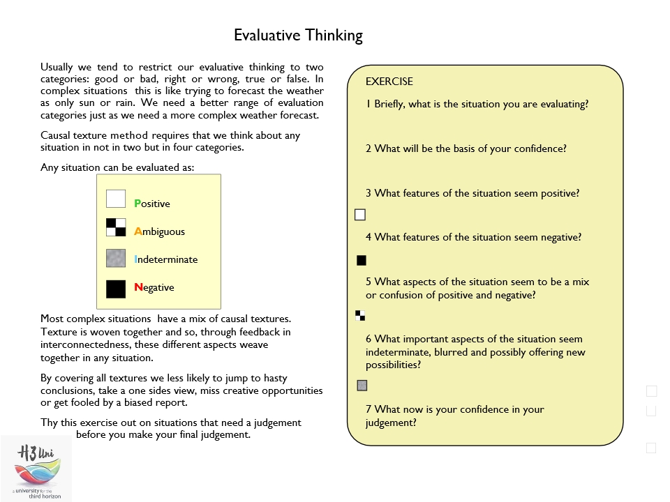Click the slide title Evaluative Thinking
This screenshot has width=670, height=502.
point(298,36)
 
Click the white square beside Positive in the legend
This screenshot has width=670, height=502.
point(116,199)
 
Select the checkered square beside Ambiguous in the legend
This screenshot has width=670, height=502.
point(116,227)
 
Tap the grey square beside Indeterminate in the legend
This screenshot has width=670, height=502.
point(116,258)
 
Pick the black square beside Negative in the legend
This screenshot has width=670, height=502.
point(116,289)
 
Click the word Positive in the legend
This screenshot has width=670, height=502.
point(152,204)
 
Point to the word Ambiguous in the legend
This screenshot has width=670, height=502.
point(159,231)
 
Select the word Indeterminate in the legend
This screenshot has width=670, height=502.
point(166,259)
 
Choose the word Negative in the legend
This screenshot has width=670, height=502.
point(154,287)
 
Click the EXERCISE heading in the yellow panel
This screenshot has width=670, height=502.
point(389,82)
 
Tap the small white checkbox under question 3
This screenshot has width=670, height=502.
point(360,215)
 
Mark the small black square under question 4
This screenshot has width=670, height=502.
point(362,261)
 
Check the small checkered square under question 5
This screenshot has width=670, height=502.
point(360,315)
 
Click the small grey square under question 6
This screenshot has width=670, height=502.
point(362,385)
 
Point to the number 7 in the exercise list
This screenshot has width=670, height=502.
point(368,409)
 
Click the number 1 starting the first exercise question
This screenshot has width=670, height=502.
point(368,105)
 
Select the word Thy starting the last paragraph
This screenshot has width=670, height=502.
point(49,423)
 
